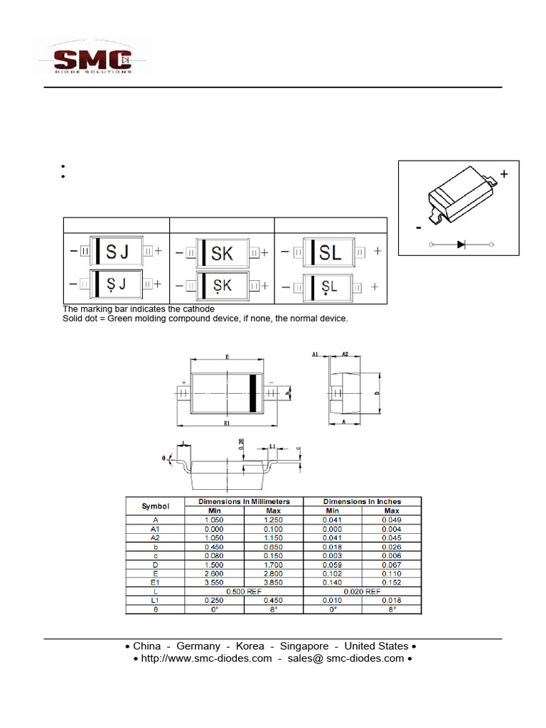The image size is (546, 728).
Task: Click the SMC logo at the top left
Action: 92,60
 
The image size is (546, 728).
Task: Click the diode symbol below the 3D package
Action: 461,244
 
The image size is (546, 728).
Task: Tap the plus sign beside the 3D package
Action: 504,174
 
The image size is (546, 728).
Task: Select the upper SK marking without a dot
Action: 223,253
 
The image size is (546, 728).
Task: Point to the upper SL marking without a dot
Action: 331,252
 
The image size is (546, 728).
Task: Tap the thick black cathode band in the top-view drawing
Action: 252,392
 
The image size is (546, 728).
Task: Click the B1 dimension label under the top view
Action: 227,424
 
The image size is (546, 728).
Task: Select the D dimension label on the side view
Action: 378,392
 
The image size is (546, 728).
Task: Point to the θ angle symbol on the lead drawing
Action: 164,459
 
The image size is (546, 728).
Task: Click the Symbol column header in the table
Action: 156,506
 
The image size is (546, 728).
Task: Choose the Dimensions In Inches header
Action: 362,501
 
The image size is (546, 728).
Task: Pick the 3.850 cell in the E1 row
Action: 273,582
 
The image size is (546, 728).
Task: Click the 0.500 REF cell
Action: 244,591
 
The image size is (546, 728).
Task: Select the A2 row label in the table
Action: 156,537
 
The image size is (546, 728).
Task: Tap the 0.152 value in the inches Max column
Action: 391,582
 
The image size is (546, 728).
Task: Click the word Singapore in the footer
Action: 304,646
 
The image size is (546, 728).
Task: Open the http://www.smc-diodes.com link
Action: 206,658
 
